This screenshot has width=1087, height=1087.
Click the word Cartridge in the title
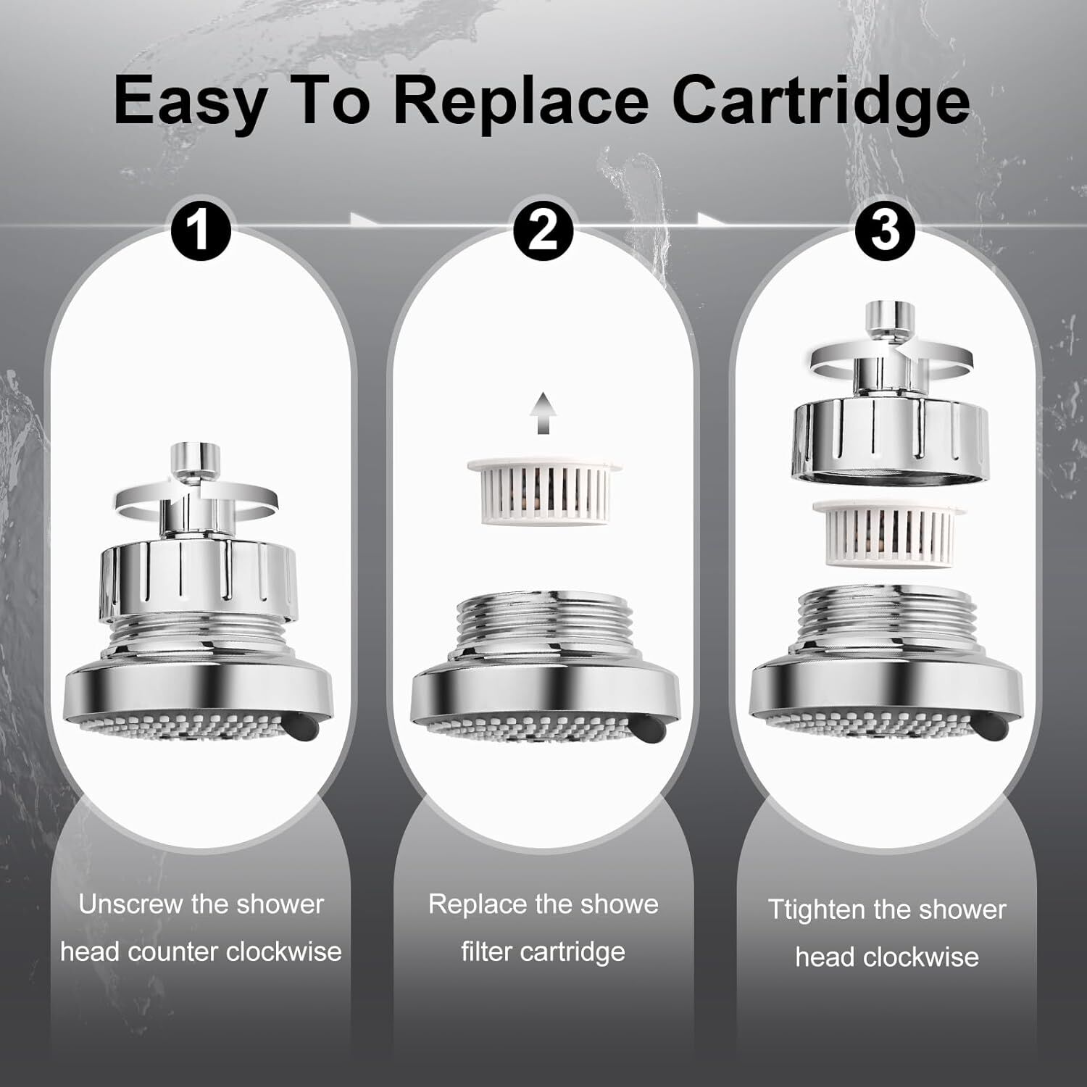pos(822,102)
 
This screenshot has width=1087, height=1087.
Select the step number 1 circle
pos(200,231)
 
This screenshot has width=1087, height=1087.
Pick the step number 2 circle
pos(543,231)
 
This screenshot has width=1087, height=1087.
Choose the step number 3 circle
pos(886,231)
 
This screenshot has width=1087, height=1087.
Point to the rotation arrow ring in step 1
pos(196,500)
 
